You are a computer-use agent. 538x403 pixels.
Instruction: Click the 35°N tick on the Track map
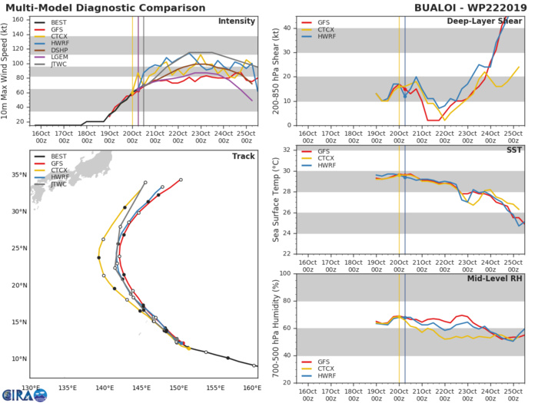20,174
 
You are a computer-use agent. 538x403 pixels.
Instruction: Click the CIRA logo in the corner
23,393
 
